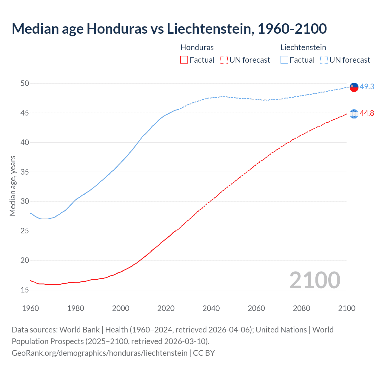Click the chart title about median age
[169, 29]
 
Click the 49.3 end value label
[367, 87]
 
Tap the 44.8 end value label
[367, 113]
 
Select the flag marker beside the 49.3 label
[354, 87]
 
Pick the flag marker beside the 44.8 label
[354, 114]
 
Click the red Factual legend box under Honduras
[184, 60]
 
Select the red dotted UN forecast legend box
[224, 60]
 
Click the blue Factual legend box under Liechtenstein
[284, 60]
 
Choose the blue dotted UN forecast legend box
[324, 60]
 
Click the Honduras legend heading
[197, 47]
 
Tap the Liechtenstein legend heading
[303, 47]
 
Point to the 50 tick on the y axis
[25, 84]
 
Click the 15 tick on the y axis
[25, 290]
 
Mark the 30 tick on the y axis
[25, 201]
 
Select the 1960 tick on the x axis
[30, 308]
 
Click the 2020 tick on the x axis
[166, 308]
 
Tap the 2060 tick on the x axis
[256, 308]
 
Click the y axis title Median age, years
[13, 186]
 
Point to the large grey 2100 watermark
[315, 280]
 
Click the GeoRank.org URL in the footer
[99, 353]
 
